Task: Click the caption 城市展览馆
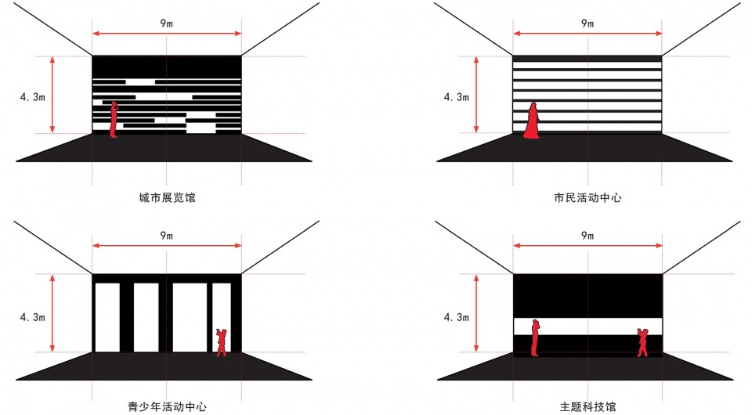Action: tap(167, 197)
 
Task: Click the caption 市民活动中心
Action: tap(587, 197)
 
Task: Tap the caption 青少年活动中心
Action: tap(167, 407)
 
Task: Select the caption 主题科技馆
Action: tap(587, 407)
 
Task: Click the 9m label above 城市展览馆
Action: tap(166, 23)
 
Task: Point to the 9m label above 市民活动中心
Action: tap(587, 23)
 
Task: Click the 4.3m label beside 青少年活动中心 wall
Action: tap(33, 317)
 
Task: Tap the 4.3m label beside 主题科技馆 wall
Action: tap(456, 317)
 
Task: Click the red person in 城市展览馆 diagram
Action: tap(114, 119)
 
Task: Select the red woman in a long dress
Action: tap(531, 121)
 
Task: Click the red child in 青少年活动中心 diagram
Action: tap(221, 342)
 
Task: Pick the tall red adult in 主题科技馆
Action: tap(535, 337)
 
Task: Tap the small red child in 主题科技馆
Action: tap(642, 343)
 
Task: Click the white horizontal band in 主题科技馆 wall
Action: tap(588, 327)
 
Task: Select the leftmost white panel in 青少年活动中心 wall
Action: tap(107, 318)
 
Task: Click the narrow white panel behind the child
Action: tap(222, 318)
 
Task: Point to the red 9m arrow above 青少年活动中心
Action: tap(167, 246)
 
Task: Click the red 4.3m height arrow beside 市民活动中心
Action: tap(476, 95)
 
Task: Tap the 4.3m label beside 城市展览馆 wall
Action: tap(33, 97)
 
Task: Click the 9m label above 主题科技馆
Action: tap(587, 235)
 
